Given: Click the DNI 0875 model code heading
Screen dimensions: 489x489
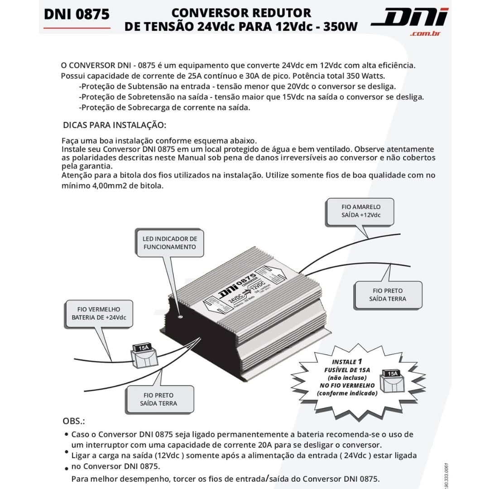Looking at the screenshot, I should tap(77, 14).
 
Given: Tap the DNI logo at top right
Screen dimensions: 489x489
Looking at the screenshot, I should tap(409, 17).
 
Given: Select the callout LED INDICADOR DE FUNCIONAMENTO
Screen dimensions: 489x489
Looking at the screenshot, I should tap(170, 243).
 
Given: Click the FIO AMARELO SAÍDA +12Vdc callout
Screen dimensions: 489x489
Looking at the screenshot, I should tap(360, 211).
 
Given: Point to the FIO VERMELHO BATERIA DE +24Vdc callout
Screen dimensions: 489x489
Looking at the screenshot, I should tap(99, 313).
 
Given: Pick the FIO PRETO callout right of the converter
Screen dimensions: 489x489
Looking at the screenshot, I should tap(388, 295).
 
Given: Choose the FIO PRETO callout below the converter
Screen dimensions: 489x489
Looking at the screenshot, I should tap(158, 399).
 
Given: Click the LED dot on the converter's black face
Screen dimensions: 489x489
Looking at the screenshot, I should tap(180, 316).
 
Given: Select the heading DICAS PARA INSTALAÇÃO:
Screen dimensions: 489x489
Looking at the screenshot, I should tap(115, 125).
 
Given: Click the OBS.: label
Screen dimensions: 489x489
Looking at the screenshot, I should tap(74, 421).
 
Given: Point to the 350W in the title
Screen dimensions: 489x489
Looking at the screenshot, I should tap(340, 26).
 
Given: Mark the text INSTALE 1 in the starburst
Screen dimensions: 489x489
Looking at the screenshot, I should tap(347, 362).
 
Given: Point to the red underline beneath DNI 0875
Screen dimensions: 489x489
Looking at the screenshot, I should tap(77, 28).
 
